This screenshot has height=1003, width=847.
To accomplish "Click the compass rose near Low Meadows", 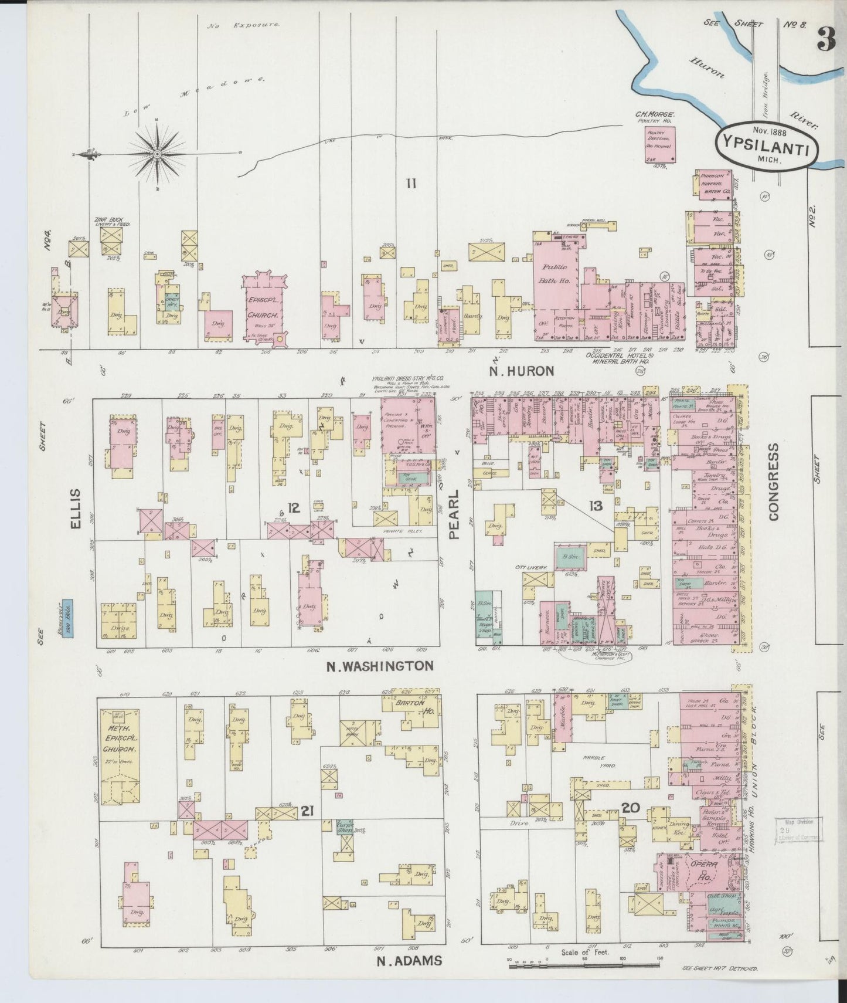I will click(158, 154).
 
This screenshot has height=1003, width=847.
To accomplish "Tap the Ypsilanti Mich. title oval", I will click(763, 146).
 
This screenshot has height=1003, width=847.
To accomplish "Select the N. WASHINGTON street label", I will click(380, 666).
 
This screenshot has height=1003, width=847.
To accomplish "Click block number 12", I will click(294, 508).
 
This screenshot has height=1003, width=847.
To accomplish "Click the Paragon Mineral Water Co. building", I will click(713, 186).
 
